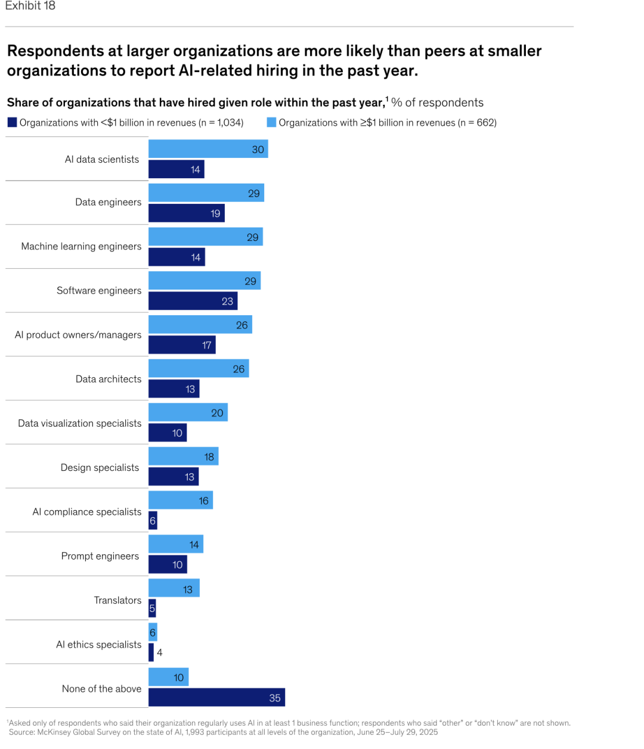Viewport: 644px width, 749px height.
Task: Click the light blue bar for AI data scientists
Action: click(208, 149)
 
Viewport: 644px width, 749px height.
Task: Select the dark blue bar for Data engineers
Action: click(186, 213)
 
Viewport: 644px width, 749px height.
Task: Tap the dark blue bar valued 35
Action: click(216, 697)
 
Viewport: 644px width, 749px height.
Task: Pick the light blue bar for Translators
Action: click(174, 588)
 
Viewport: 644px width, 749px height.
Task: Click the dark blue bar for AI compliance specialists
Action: click(153, 520)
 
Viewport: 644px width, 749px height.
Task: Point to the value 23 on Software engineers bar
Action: click(227, 302)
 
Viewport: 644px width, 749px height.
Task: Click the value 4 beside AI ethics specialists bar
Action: click(159, 652)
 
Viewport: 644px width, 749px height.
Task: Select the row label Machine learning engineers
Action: click(81, 246)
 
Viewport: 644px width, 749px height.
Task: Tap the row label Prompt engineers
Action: click(100, 556)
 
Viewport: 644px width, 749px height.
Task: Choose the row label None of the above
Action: click(101, 689)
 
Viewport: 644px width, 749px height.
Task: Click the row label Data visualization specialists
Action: click(79, 423)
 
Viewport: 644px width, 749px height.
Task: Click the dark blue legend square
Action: click(12, 122)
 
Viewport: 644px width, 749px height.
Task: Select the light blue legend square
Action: click(271, 122)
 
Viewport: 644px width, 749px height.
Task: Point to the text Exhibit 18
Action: click(30, 6)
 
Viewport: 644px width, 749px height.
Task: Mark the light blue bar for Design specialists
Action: click(183, 456)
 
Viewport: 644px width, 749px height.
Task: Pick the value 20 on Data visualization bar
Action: click(217, 413)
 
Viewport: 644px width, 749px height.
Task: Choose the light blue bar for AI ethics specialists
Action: click(153, 632)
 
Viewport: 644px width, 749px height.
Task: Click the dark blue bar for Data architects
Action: click(174, 389)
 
